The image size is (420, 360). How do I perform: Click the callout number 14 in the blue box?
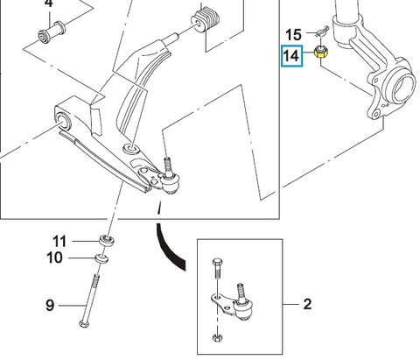tap(291, 56)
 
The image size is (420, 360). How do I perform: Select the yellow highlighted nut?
tap(321, 52)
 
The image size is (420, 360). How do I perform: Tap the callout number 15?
tap(293, 35)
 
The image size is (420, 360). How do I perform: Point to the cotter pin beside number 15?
tap(322, 32)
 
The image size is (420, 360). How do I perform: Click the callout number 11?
tap(59, 242)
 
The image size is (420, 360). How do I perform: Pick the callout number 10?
tap(54, 258)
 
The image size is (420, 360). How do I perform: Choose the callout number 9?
tap(50, 306)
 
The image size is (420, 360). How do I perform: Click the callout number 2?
tap(307, 304)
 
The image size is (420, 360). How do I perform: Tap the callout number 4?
tap(49, 4)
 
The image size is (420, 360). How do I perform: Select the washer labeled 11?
tap(107, 241)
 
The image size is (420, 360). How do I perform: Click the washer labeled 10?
tap(101, 258)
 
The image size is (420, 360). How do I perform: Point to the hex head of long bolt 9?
tap(84, 323)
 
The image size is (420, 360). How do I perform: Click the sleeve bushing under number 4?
tap(52, 32)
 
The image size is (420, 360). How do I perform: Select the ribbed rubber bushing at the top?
tap(206, 19)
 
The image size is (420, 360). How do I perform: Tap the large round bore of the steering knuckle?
tap(402, 87)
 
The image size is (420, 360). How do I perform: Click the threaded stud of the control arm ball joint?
tap(167, 166)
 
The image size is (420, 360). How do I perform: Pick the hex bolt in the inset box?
tap(217, 269)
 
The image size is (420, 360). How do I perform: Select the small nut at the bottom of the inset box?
tap(217, 338)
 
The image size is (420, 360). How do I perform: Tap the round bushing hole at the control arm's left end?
tap(63, 123)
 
